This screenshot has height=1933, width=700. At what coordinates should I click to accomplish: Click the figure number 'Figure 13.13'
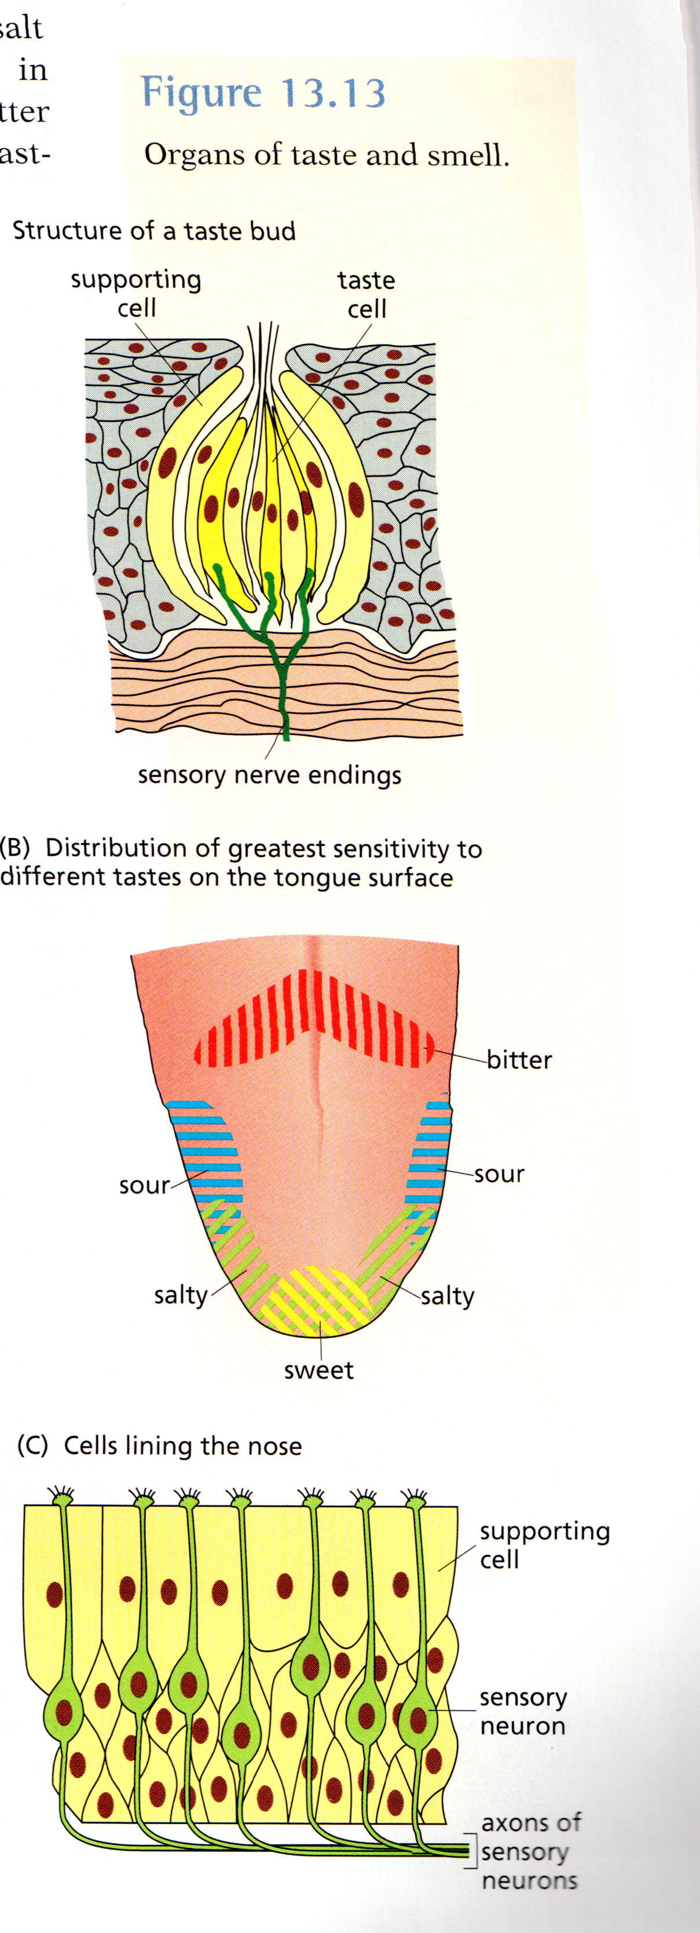(x=263, y=93)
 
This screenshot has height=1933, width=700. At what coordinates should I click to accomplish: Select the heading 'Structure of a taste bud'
(x=155, y=230)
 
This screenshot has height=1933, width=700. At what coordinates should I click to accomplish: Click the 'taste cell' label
(x=366, y=294)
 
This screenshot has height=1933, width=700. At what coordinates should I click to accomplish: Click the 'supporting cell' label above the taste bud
(x=137, y=294)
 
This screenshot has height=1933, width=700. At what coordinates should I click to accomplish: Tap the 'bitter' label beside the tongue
(x=519, y=1060)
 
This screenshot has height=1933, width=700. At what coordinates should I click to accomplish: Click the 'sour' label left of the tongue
(x=144, y=1185)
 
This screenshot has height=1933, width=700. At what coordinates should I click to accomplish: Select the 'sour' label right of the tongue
(x=499, y=1174)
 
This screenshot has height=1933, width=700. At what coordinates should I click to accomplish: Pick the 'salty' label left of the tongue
(x=180, y=1294)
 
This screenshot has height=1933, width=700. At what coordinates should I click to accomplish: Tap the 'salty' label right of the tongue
(x=448, y=1296)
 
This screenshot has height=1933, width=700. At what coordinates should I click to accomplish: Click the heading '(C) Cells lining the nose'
(x=160, y=1445)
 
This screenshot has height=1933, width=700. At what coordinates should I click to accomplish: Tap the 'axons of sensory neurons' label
(x=530, y=1851)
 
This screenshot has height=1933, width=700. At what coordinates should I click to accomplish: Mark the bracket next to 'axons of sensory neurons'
(x=472, y=1850)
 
